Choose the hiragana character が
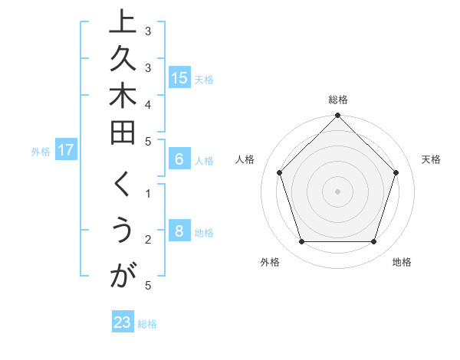click(x=123, y=277)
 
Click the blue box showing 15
click(x=179, y=78)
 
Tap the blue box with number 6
click(x=179, y=160)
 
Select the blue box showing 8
click(x=179, y=231)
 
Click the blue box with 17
click(x=66, y=150)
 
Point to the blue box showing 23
click(x=123, y=322)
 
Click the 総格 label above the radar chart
click(x=338, y=100)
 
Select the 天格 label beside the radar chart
click(x=432, y=159)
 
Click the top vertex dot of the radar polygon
click(x=338, y=117)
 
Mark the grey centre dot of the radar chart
click(x=338, y=191)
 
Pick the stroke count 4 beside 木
click(x=149, y=103)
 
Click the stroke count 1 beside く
click(x=149, y=192)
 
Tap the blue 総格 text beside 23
click(x=147, y=324)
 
